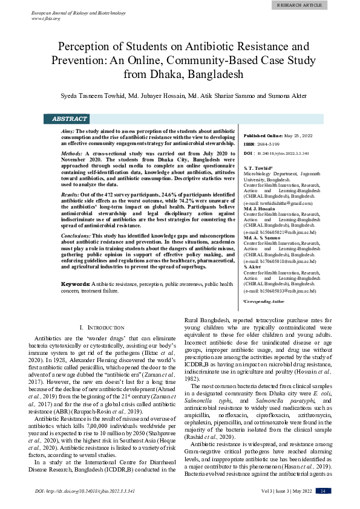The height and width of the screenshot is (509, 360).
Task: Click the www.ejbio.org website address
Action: pos(45,19)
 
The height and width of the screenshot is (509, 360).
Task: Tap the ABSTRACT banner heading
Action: pos(70,119)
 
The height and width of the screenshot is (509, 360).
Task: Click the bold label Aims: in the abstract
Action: pos(68,131)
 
